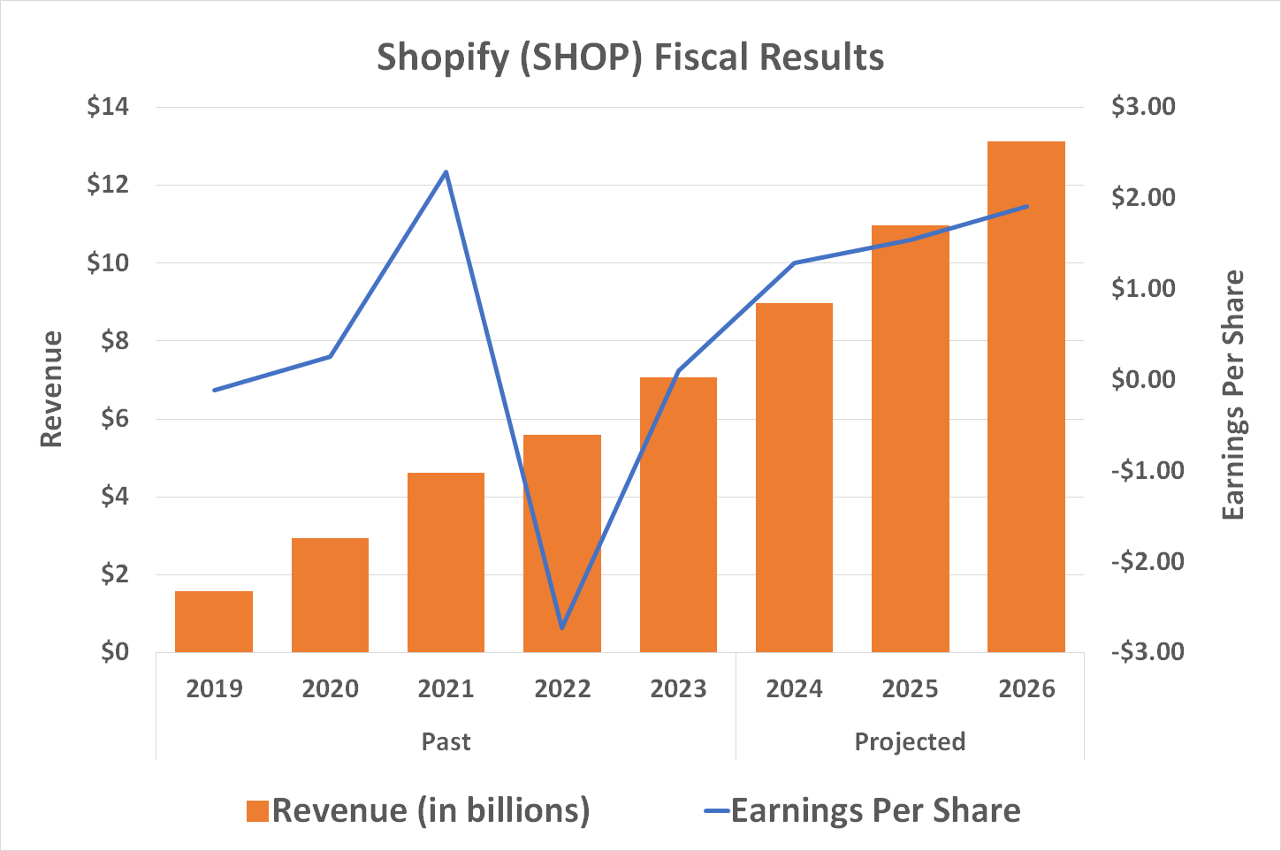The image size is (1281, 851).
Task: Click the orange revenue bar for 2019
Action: [214, 621]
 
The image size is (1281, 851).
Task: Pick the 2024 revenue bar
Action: [794, 477]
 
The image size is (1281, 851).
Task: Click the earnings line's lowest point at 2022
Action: [562, 628]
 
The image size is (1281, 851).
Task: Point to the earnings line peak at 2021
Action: [446, 171]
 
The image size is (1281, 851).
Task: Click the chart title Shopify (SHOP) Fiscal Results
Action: [630, 57]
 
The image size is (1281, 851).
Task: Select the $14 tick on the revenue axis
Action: [108, 107]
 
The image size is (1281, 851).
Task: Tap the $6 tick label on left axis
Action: [108, 419]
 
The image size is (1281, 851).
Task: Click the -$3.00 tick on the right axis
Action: [1147, 652]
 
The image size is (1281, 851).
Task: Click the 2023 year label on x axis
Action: [678, 688]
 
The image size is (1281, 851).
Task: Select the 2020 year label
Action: [330, 688]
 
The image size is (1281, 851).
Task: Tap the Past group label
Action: [446, 741]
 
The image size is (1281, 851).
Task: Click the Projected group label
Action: [910, 741]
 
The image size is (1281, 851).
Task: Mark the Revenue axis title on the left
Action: [52, 389]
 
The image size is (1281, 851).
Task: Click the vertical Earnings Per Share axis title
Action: [1233, 395]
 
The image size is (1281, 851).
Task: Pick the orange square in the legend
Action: [257, 811]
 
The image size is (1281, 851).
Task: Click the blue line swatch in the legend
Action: [717, 811]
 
